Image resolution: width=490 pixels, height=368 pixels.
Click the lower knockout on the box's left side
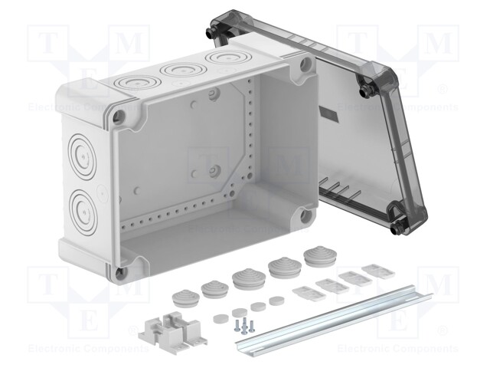(x=82, y=203)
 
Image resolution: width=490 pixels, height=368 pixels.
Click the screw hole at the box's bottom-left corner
(x=119, y=271)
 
